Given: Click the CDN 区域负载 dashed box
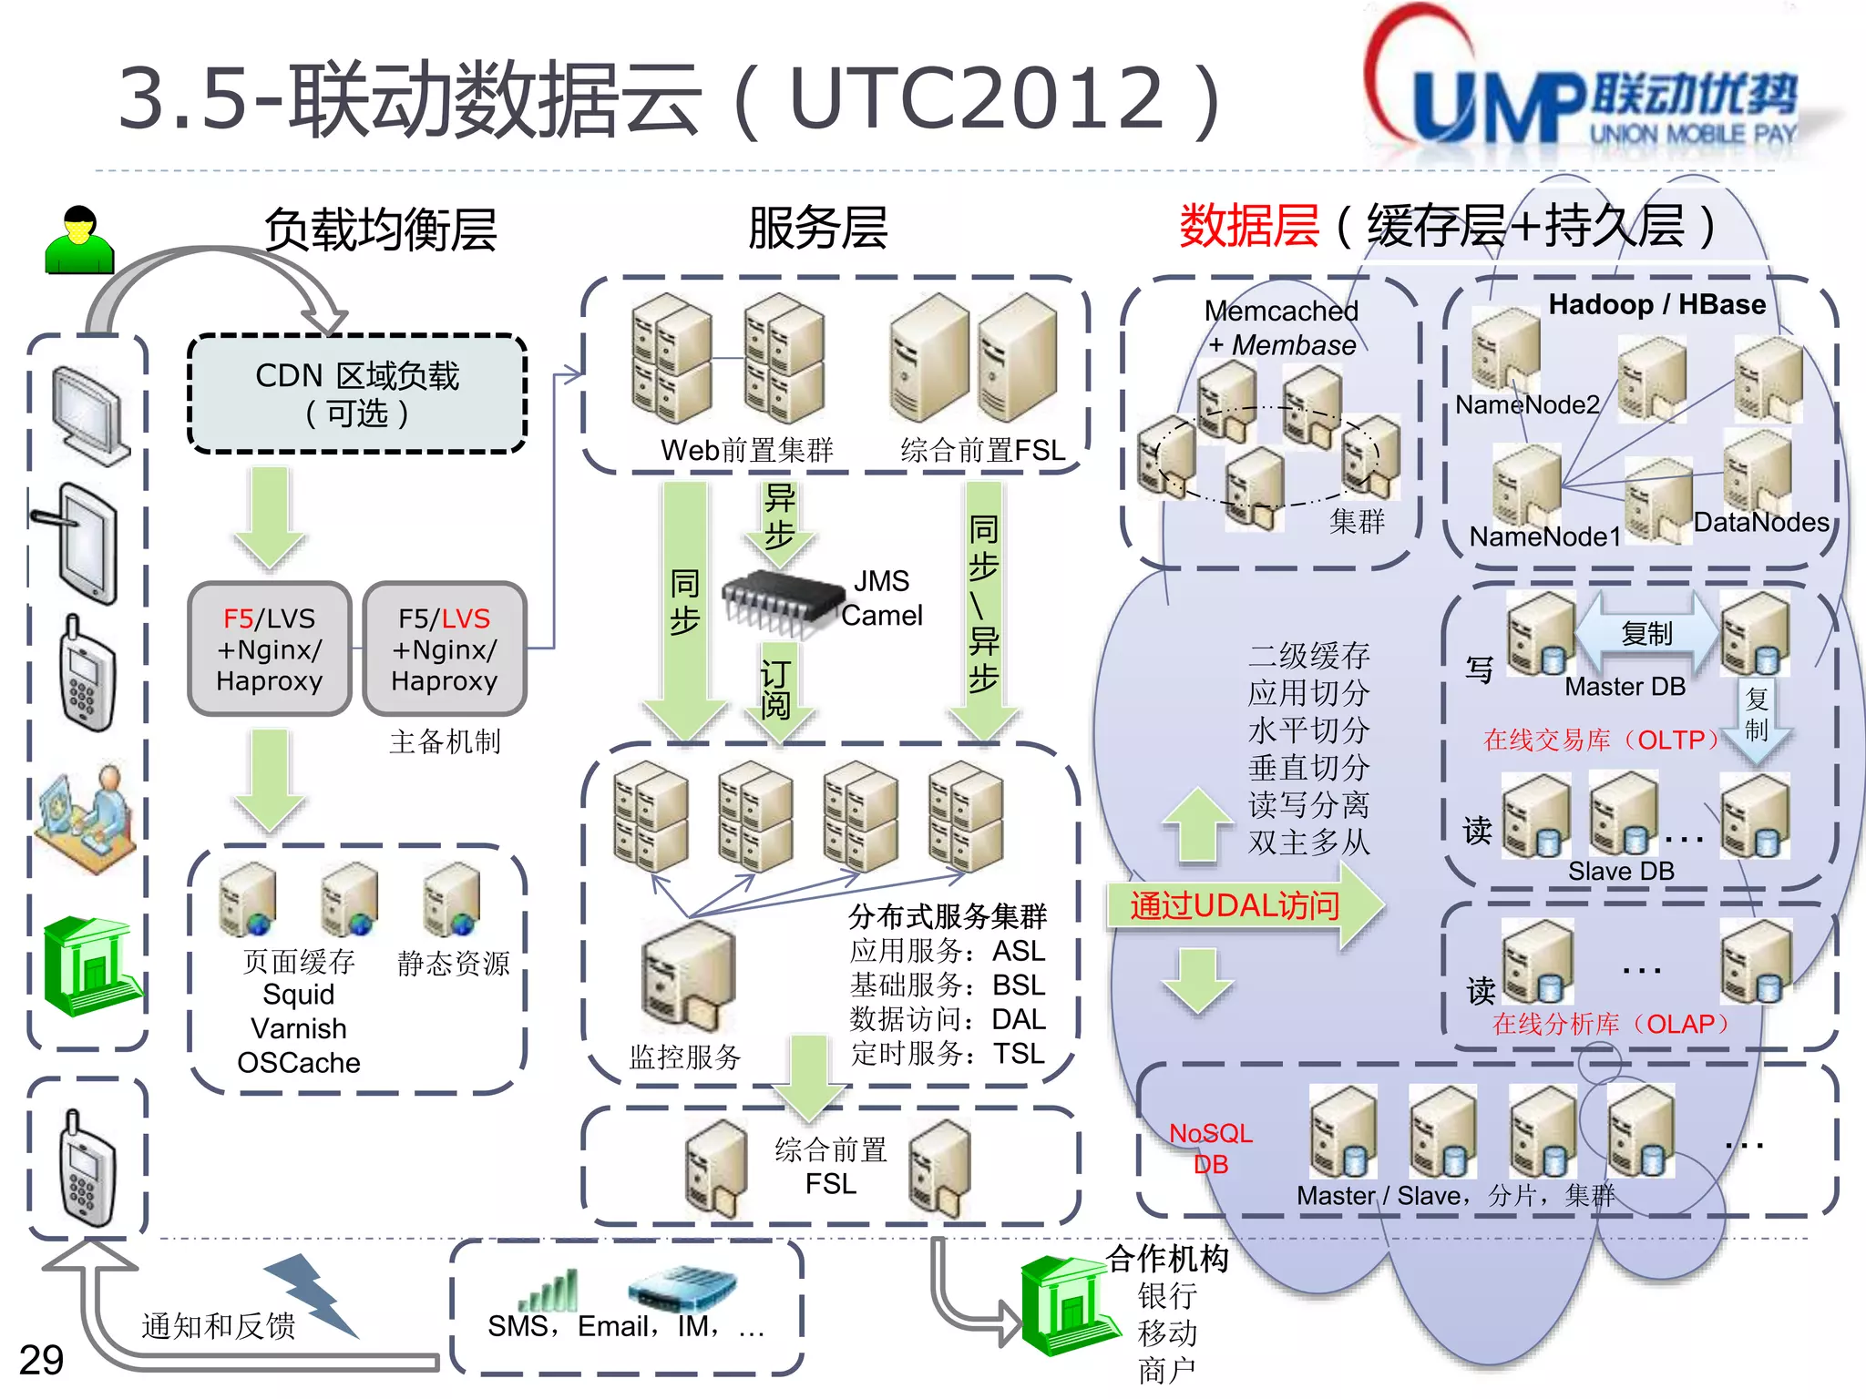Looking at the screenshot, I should click(357, 393).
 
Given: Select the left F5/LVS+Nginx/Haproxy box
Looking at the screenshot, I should click(269, 648).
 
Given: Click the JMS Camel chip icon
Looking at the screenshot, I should click(782, 601).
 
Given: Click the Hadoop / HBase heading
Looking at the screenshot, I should click(1656, 304).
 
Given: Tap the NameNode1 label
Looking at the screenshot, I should click(1544, 536).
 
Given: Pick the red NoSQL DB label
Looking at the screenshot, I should click(1210, 1148).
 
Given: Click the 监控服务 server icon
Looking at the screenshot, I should click(688, 975).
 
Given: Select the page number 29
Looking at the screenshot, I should click(41, 1360).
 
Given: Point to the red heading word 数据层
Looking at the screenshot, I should click(1248, 226).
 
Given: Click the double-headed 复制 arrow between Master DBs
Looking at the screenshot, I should click(1646, 633).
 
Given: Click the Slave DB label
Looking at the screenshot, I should click(1621, 871).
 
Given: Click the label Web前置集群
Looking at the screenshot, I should click(746, 450).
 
